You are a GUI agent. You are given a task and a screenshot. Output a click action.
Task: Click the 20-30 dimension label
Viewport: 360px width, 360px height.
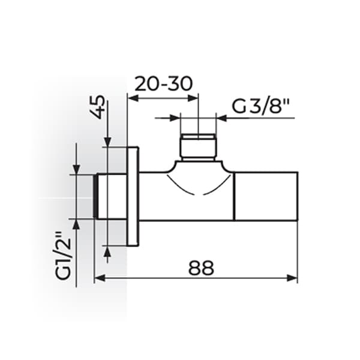(163, 84)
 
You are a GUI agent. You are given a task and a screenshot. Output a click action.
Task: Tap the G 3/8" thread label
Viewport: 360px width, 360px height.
(260, 106)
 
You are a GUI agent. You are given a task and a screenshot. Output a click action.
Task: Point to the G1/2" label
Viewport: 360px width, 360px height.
(62, 256)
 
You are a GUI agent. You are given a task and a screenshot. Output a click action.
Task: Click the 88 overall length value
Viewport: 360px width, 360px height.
(201, 268)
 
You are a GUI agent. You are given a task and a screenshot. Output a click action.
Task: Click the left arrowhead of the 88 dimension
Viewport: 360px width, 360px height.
(100, 278)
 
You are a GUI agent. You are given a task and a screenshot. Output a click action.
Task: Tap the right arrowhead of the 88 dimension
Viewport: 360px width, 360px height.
(292, 278)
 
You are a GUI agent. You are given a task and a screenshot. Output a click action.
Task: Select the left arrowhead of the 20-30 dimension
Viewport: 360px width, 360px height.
(133, 98)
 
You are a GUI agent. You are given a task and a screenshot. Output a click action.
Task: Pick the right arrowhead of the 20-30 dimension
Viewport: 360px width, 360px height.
(193, 98)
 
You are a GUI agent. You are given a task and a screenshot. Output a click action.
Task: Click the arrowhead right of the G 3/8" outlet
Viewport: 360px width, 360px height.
(221, 118)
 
